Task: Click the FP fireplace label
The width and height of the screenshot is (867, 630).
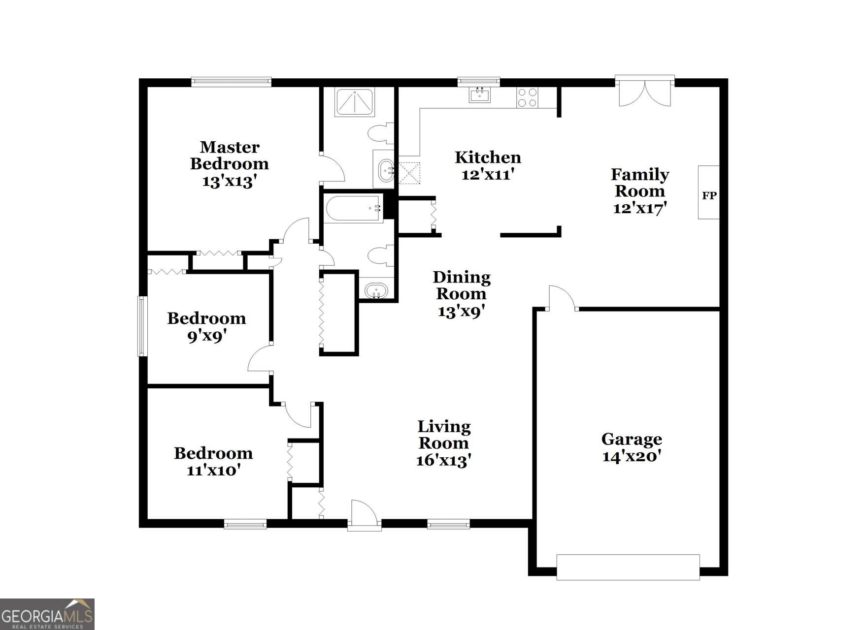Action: (x=709, y=195)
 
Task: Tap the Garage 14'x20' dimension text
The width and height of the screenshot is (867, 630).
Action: (x=632, y=457)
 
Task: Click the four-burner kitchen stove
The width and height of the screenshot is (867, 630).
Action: (x=527, y=97)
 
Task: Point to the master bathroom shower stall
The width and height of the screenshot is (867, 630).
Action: (x=354, y=102)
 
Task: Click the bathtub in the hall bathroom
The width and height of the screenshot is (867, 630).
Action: (x=354, y=209)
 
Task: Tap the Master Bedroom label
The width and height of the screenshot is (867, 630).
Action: (x=230, y=156)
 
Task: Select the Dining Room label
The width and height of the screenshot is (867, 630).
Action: (x=462, y=285)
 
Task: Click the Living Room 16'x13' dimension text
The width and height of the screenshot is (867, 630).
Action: (x=444, y=461)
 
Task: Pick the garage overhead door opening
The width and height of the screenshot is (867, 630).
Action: (x=628, y=567)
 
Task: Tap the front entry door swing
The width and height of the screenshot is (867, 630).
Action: (x=365, y=514)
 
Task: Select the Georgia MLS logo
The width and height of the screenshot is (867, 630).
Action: (x=47, y=614)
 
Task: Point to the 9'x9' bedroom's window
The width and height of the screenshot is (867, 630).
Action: (x=142, y=326)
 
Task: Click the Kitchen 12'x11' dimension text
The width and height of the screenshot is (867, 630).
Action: (x=488, y=174)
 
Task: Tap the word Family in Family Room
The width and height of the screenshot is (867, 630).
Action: (x=639, y=174)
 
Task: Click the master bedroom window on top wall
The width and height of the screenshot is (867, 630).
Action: (x=231, y=82)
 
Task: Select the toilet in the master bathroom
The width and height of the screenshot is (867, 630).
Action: (x=381, y=132)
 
